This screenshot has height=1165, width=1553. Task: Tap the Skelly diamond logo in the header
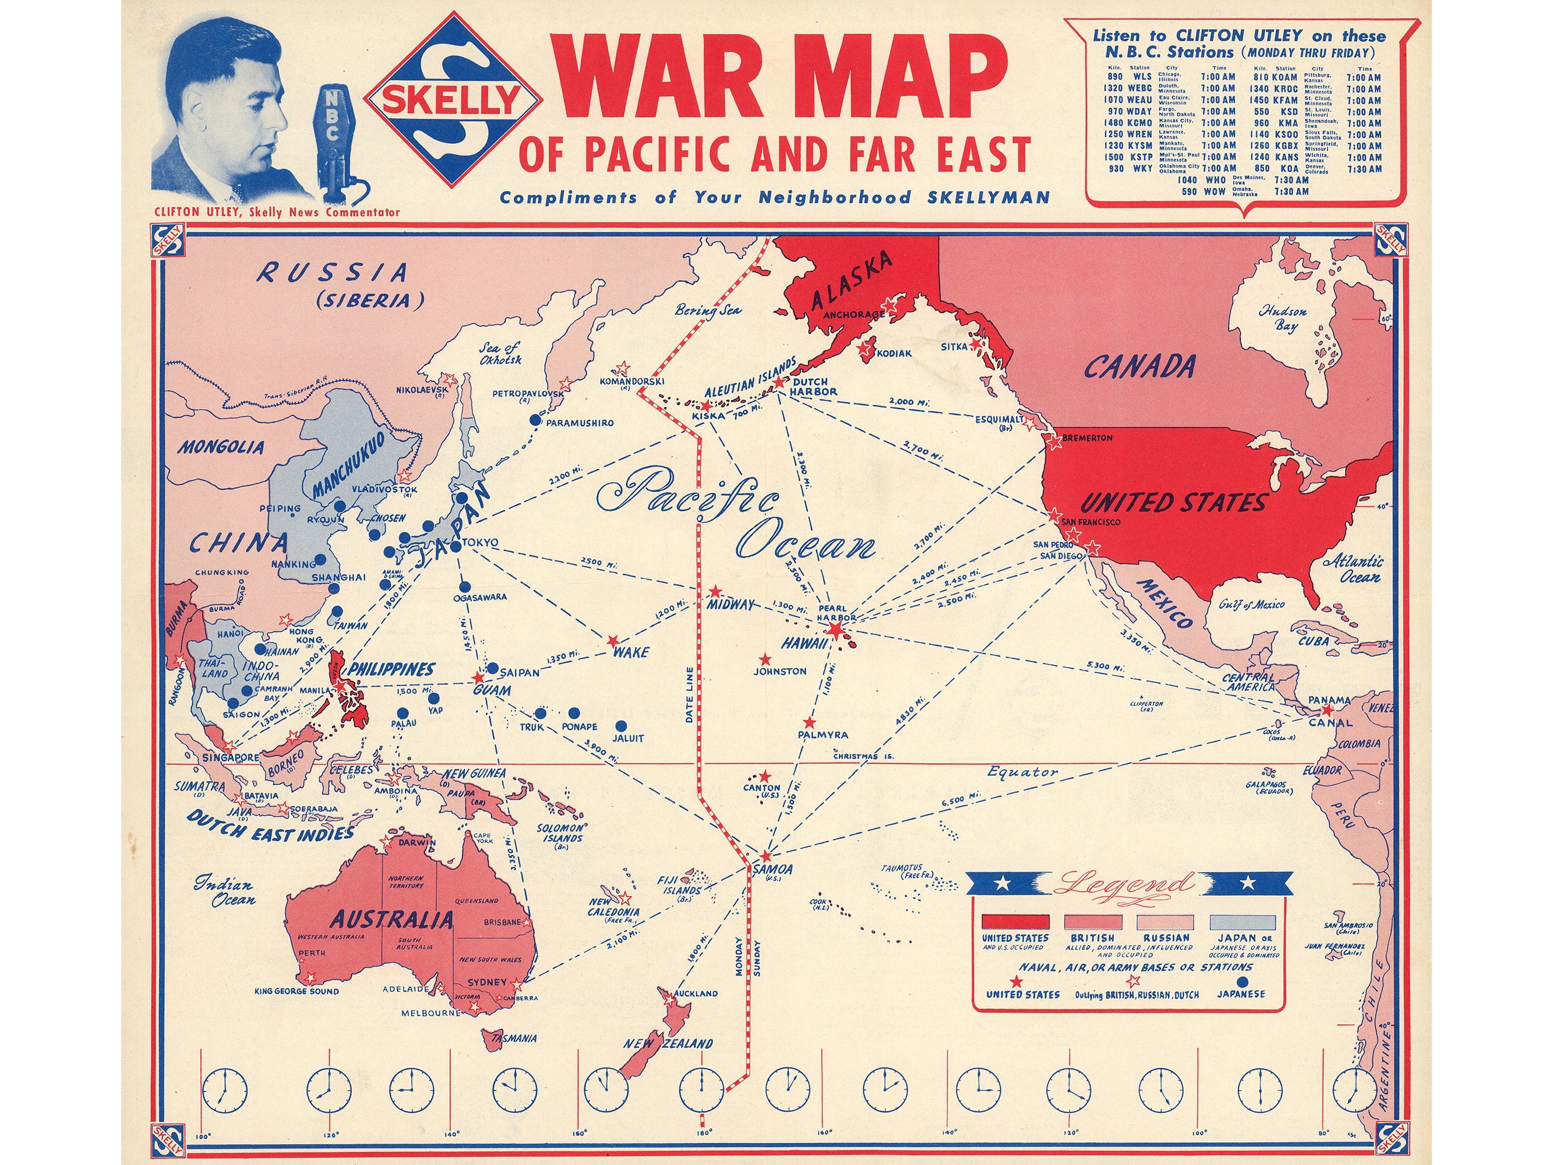pyautogui.click(x=452, y=100)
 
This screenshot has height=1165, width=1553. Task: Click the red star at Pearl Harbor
pyautogui.click(x=835, y=630)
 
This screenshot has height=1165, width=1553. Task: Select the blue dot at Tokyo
pyautogui.click(x=455, y=546)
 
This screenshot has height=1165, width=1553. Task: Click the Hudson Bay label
pyautogui.click(x=1283, y=317)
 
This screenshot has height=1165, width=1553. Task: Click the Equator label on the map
pyautogui.click(x=1022, y=772)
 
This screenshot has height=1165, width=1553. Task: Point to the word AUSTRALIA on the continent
pyautogui.click(x=392, y=919)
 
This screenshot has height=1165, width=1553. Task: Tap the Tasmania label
pyautogui.click(x=514, y=1038)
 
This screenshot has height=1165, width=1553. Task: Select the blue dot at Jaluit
pyautogui.click(x=620, y=726)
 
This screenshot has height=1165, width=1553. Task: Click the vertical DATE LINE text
pyautogui.click(x=690, y=694)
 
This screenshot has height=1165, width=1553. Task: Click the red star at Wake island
pyautogui.click(x=613, y=640)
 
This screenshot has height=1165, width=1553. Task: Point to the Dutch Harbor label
pyautogui.click(x=814, y=387)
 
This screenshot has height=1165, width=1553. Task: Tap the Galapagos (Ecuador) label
pyautogui.click(x=1269, y=787)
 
